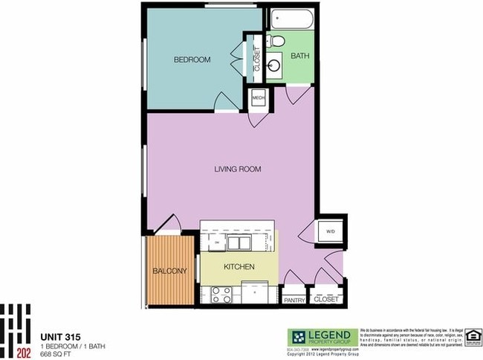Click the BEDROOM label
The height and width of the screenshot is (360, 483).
point(192,60)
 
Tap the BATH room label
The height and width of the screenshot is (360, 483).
point(300,56)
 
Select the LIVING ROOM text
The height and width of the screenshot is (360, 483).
point(238,170)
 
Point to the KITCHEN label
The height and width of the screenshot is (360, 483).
point(239,266)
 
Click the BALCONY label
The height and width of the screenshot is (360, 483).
point(170,271)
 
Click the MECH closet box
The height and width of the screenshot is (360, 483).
point(259,97)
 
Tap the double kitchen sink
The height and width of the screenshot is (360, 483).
point(239,242)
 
